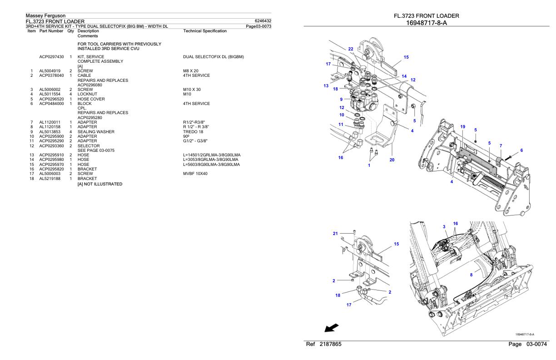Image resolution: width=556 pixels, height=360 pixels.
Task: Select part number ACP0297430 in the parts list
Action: (x=51, y=56)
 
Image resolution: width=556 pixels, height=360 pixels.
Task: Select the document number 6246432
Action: (x=263, y=21)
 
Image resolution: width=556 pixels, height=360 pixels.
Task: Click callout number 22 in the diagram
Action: (x=350, y=49)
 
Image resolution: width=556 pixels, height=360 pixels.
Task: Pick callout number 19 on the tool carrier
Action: (x=462, y=126)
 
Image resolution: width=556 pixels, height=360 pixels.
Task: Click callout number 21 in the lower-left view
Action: (x=336, y=233)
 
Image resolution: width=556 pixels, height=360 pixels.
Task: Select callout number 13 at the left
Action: (x=325, y=86)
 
